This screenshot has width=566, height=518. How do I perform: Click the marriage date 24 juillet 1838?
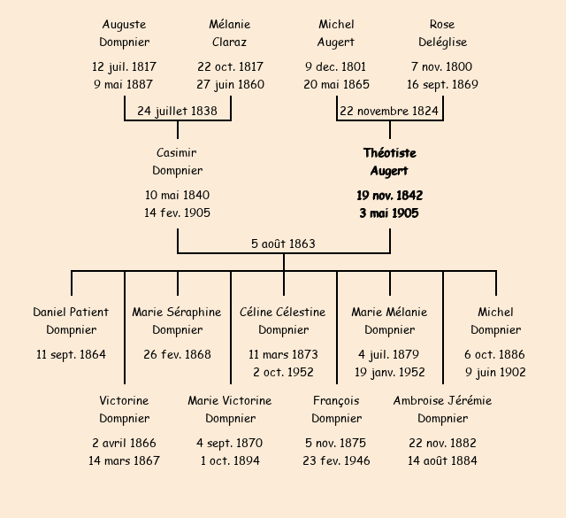point(177,111)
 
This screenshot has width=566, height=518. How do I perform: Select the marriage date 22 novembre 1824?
point(389,111)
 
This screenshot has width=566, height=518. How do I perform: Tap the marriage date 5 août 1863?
point(283,244)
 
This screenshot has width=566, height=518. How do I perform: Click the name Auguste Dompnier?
point(124,33)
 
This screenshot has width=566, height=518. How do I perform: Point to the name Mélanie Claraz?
point(230,33)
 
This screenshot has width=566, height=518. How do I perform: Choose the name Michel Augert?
point(336,33)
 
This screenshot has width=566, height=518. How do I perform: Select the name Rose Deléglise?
point(442,33)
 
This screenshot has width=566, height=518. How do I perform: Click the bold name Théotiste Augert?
point(389,161)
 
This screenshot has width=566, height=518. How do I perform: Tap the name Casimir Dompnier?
point(177,161)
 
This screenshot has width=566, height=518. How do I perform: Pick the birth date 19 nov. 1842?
point(389,195)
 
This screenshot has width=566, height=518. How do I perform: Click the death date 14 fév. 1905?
point(177,213)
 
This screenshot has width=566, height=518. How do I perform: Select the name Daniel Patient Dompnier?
point(71,321)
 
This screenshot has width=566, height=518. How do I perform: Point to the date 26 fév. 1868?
point(177,354)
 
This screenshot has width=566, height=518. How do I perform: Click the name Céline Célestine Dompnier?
point(283,321)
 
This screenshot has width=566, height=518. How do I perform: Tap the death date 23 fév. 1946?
point(336,460)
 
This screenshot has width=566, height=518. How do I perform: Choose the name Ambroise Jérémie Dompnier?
point(442,409)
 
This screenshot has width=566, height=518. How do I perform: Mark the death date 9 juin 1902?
point(495,372)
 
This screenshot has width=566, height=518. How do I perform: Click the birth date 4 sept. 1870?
point(230,443)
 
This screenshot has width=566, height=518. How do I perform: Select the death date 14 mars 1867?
point(124,460)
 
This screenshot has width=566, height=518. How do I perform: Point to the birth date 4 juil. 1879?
point(389,354)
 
